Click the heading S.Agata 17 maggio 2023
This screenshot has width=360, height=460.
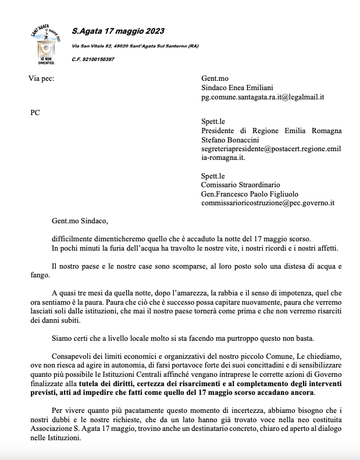[x=117, y=31]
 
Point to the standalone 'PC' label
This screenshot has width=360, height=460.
[x=35, y=113]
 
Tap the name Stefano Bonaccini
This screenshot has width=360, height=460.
[x=228, y=140]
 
